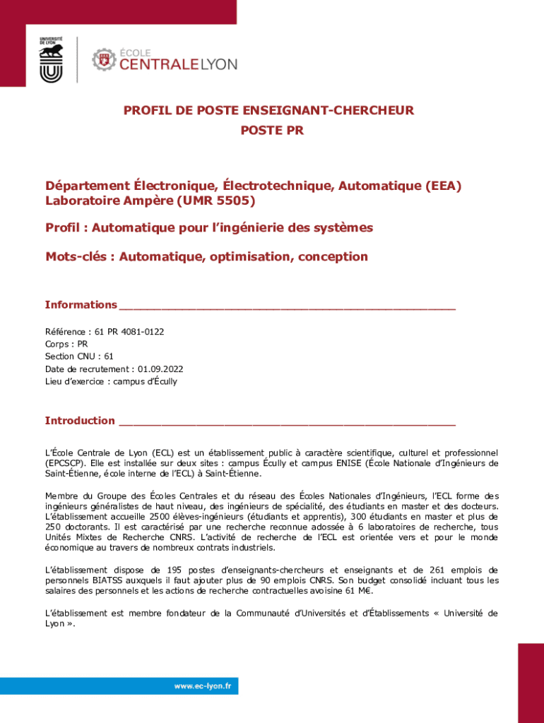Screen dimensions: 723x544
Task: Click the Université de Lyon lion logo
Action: [52, 60]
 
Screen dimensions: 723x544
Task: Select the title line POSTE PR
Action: [272, 131]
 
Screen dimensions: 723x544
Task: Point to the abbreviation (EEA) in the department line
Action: [443, 186]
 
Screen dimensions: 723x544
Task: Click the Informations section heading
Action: [81, 305]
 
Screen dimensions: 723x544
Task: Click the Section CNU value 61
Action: [108, 357]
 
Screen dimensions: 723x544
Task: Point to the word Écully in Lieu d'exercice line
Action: [162, 381]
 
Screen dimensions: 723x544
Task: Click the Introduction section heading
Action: [80, 421]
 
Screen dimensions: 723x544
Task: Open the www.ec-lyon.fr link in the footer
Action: [206, 686]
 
